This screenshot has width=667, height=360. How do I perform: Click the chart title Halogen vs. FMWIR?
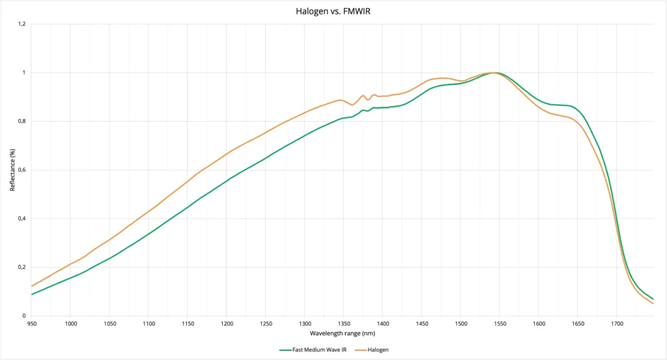click(x=333, y=11)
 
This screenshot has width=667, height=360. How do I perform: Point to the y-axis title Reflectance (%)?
click(x=12, y=169)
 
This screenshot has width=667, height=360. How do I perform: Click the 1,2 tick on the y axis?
click(x=21, y=24)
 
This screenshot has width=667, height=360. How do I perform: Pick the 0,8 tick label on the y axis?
click(x=21, y=121)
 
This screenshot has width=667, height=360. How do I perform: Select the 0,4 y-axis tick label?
click(x=21, y=219)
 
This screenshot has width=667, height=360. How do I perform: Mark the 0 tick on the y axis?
click(x=24, y=316)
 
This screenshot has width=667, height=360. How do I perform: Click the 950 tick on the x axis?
click(x=31, y=323)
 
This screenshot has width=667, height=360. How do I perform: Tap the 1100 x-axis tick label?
click(x=148, y=323)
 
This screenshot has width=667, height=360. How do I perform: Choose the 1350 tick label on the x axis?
click(x=343, y=323)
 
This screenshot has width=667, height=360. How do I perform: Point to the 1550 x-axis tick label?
click(x=500, y=323)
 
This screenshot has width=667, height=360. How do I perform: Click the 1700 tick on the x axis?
click(x=616, y=323)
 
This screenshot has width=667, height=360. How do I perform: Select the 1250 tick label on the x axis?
click(x=265, y=323)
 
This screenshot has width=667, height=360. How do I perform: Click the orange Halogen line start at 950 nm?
click(x=31, y=286)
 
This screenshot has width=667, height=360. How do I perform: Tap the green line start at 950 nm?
click(x=31, y=294)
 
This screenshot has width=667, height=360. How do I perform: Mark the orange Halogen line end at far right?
click(x=653, y=303)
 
